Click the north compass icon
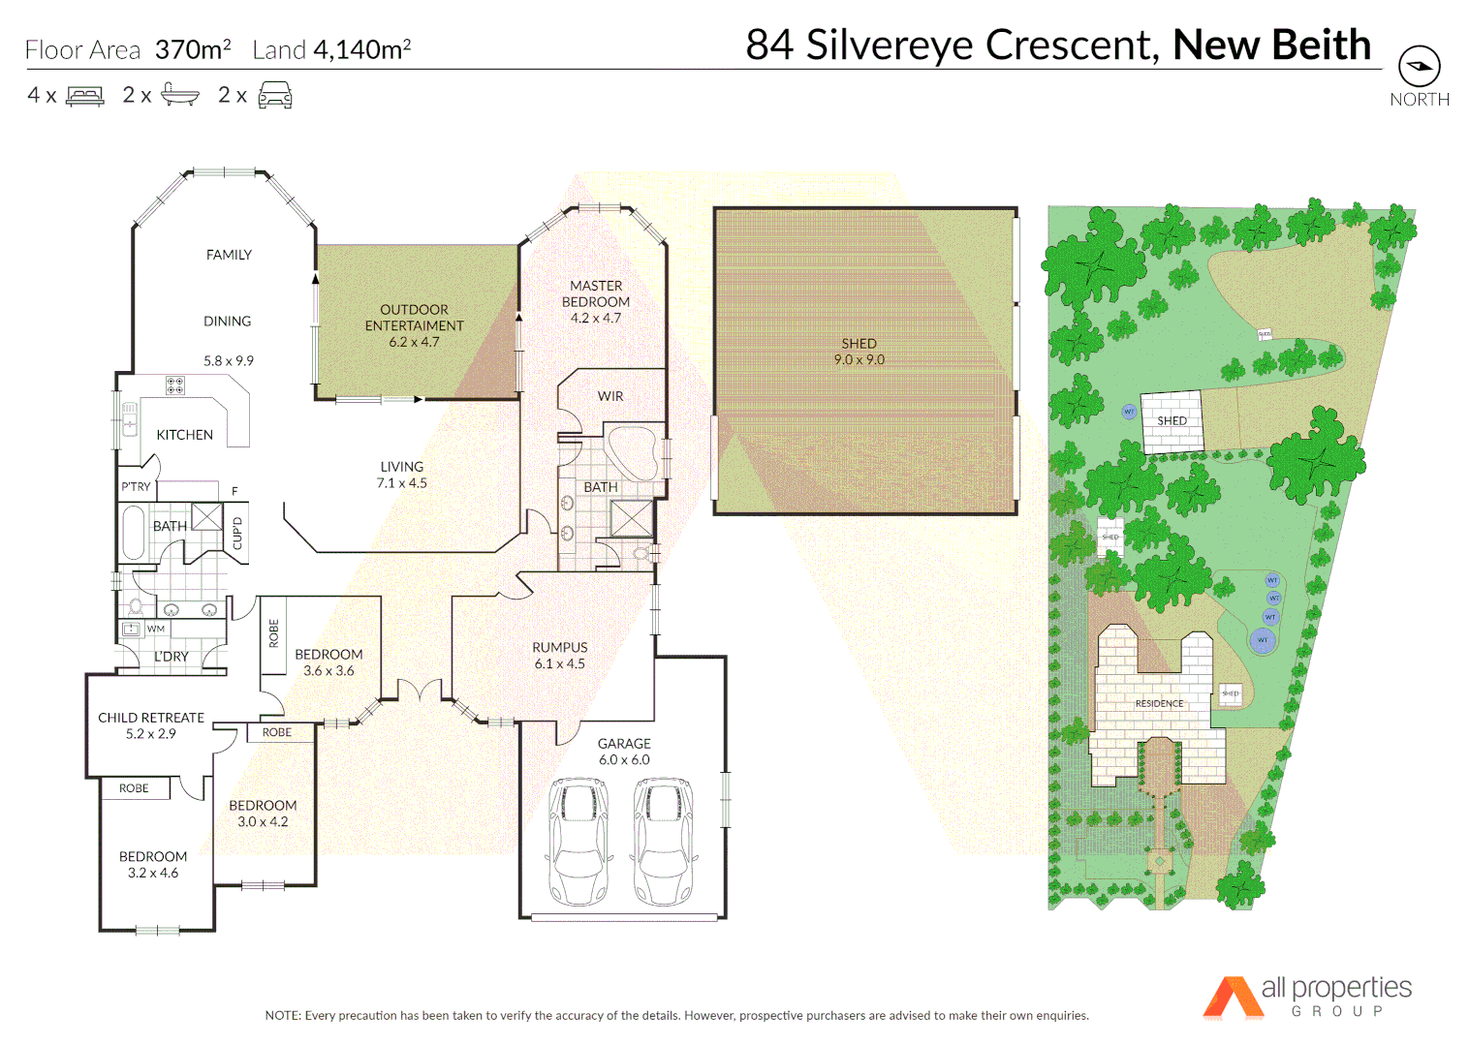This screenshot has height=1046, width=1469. pyautogui.click(x=1419, y=67)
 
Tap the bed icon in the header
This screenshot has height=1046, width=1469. pyautogui.click(x=85, y=96)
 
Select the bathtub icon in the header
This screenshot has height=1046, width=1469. pyautogui.click(x=180, y=95)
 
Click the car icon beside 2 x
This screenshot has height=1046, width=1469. pyautogui.click(x=275, y=95)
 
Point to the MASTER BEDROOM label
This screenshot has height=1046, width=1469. pyautogui.click(x=596, y=293)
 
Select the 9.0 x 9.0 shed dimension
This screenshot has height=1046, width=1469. pyautogui.click(x=859, y=360)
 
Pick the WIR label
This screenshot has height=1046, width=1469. pyautogui.click(x=610, y=396)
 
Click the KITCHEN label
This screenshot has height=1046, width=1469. pyautogui.click(x=184, y=435)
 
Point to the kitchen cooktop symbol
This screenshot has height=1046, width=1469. pyautogui.click(x=175, y=385)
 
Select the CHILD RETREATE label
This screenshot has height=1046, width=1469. pyautogui.click(x=151, y=718)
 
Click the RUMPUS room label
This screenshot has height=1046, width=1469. pyautogui.click(x=559, y=647)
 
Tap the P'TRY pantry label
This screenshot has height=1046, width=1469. pyautogui.click(x=136, y=487)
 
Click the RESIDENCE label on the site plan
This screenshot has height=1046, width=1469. pyautogui.click(x=1159, y=703)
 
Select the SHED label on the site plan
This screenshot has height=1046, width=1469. pyautogui.click(x=1172, y=420)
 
